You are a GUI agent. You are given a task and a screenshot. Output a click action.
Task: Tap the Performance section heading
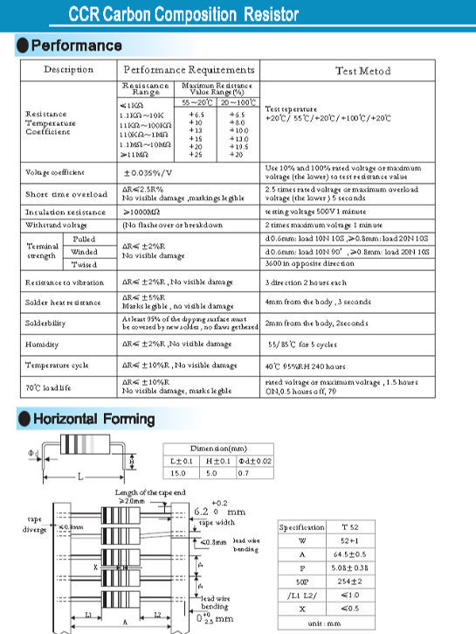pyautogui.click(x=76, y=45)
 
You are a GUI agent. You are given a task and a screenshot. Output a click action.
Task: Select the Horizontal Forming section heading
pyautogui.click(x=93, y=420)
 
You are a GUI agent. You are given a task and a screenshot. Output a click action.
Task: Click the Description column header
pyautogui.click(x=68, y=70)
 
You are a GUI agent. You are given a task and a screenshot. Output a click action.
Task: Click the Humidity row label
pyautogui.click(x=43, y=345)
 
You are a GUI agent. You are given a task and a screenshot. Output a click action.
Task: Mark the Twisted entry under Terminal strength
pyautogui.click(x=84, y=264)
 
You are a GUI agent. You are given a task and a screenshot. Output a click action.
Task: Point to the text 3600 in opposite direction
pyautogui.click(x=307, y=263)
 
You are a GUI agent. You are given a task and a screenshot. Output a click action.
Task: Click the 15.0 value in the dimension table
pyautogui.click(x=178, y=473)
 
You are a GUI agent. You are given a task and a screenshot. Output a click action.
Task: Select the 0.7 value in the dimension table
pyautogui.click(x=244, y=473)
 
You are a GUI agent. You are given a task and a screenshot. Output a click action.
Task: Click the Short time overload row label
pyautogui.click(x=66, y=194)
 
